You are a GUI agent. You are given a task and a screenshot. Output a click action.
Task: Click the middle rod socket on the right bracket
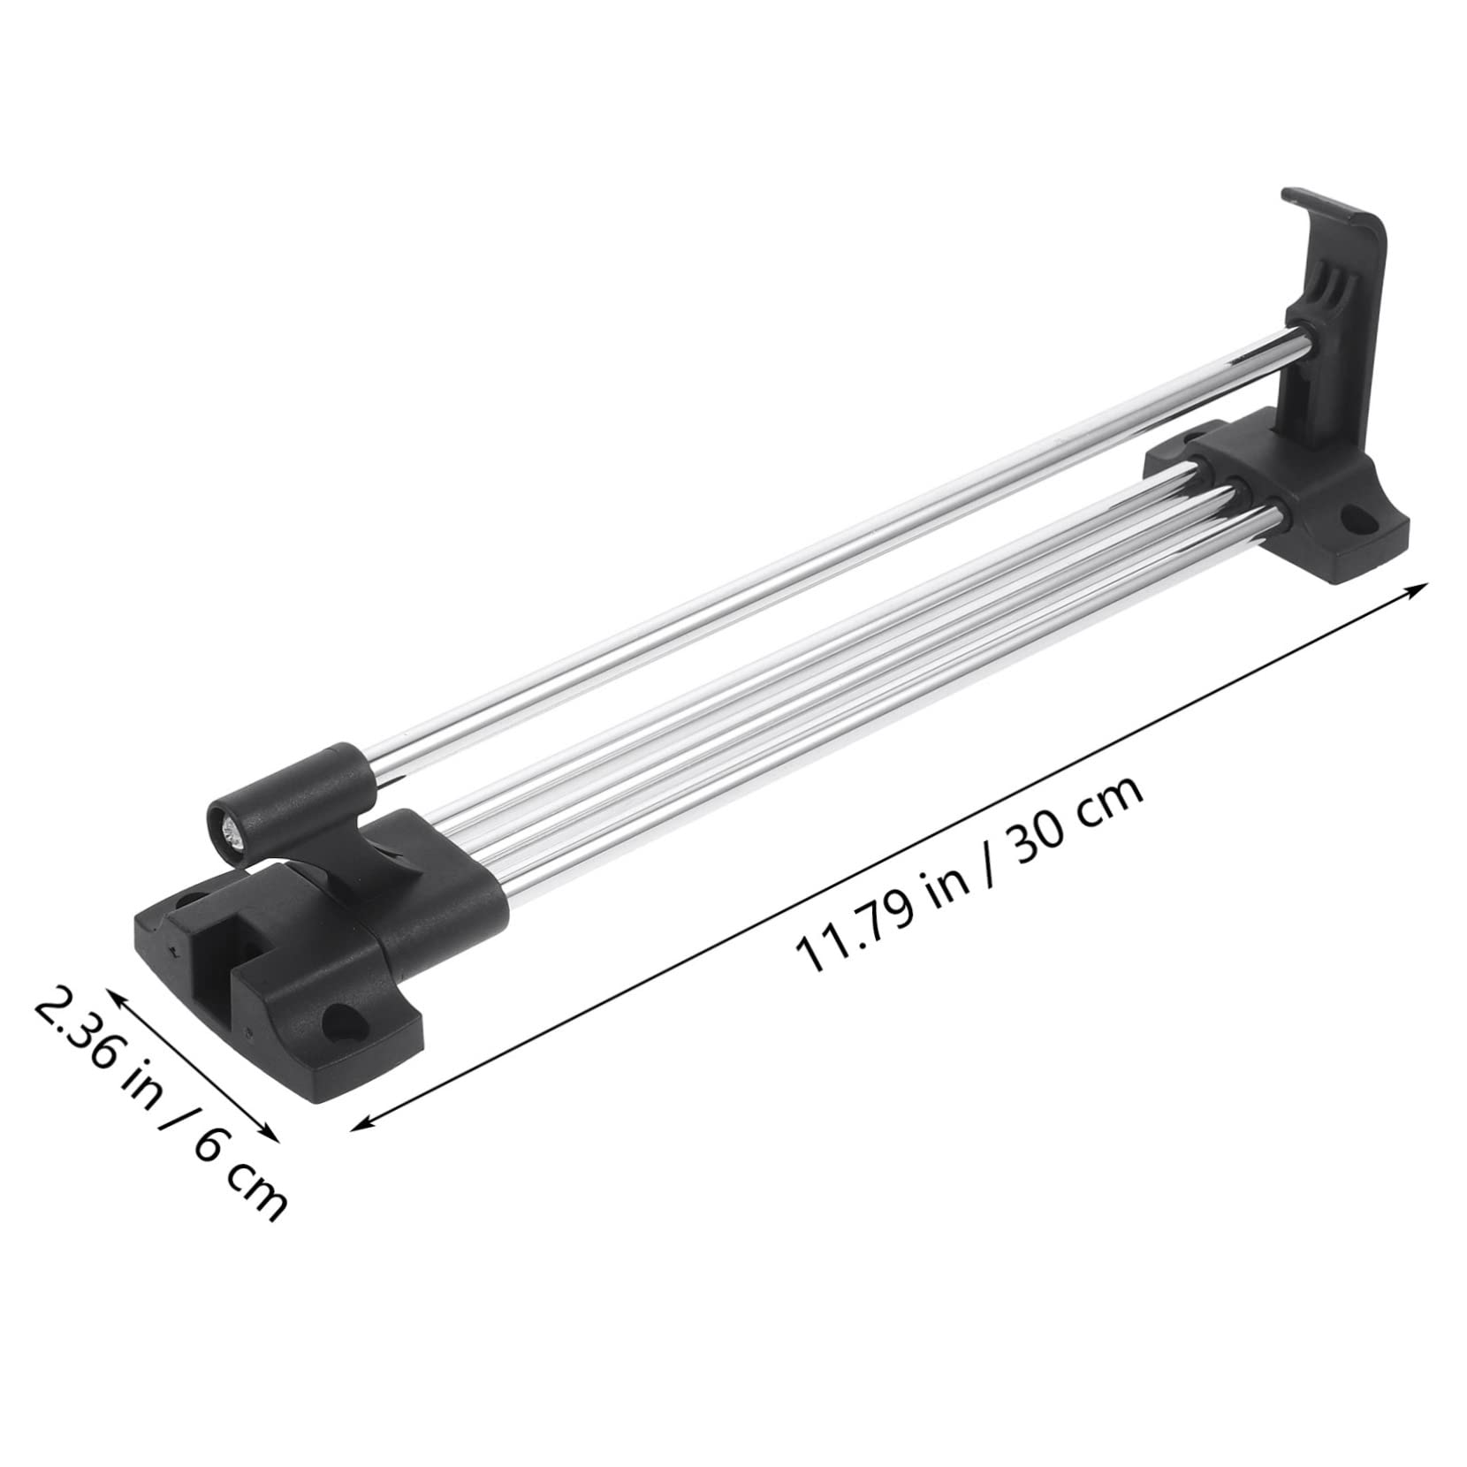pyautogui.click(x=1236, y=490)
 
